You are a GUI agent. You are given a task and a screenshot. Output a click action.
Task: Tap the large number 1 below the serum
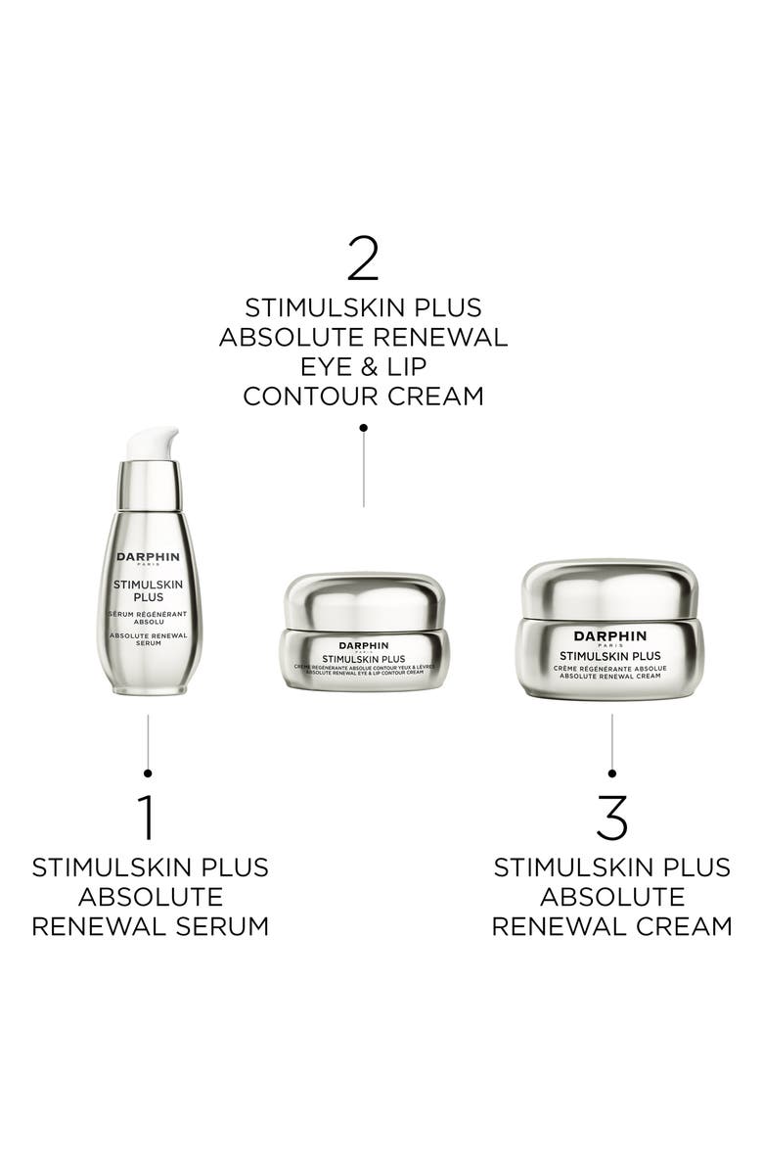tap(147, 818)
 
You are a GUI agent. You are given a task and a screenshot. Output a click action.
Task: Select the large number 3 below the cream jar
tap(611, 818)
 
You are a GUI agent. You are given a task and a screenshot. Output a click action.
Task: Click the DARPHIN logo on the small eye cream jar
tap(363, 645)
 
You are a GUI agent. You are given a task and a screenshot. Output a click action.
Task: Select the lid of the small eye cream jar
tap(364, 599)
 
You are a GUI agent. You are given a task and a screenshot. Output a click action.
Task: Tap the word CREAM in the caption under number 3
tap(685, 926)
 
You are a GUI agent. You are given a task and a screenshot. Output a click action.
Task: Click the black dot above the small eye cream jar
tap(364, 428)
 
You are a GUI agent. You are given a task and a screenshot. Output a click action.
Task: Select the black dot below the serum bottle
tap(148, 773)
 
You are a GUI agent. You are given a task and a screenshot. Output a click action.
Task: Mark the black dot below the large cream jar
tap(612, 773)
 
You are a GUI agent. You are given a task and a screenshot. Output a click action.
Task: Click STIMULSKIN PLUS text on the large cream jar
tap(611, 655)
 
